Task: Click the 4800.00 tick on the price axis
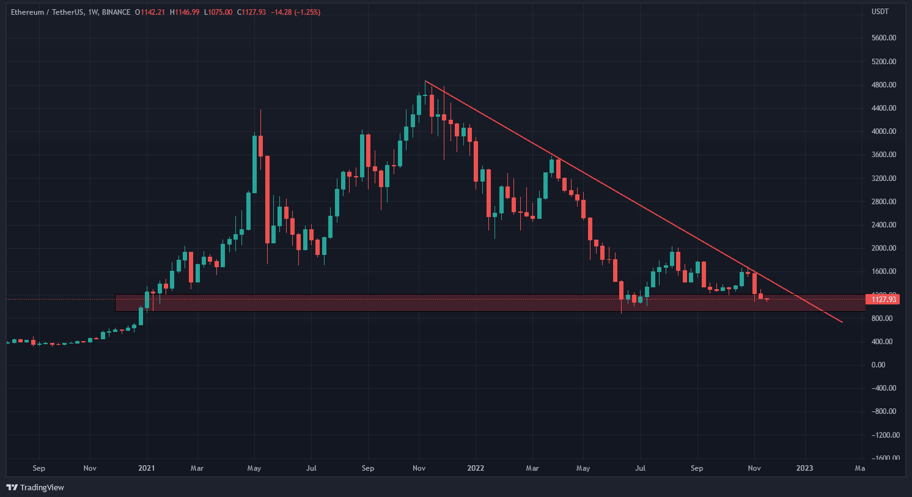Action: tap(884, 85)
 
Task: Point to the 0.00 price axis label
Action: tap(878, 365)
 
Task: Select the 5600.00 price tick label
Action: tap(884, 38)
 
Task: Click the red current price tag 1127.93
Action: tap(883, 299)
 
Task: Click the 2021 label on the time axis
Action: tap(147, 468)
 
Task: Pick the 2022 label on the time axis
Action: tap(476, 468)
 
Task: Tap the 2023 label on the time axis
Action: tap(804, 468)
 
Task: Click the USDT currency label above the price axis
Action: tap(880, 12)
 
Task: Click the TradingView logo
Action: tap(35, 487)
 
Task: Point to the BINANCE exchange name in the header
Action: tap(116, 12)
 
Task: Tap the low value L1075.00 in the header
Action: tap(219, 12)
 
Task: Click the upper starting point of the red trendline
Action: tap(425, 81)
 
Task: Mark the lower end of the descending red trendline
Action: tap(842, 322)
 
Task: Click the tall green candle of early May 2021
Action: tap(254, 164)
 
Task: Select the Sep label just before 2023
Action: tap(697, 468)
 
